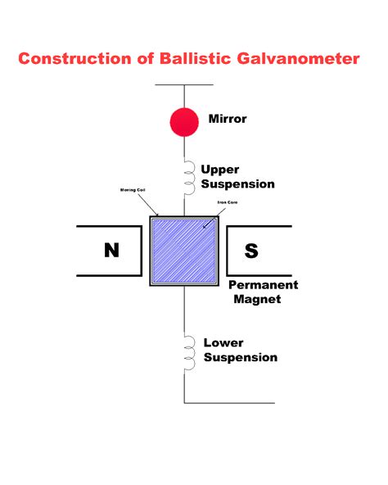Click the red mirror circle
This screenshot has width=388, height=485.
(x=184, y=121)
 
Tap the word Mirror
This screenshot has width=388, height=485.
(x=228, y=119)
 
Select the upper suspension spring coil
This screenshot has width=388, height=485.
(x=187, y=173)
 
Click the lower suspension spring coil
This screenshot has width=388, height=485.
(x=187, y=350)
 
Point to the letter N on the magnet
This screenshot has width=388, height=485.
(x=111, y=251)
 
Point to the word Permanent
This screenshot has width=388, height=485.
(x=263, y=285)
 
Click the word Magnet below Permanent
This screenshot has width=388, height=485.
(x=257, y=299)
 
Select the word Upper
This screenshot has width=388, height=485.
(x=220, y=170)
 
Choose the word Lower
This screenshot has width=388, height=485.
(x=223, y=342)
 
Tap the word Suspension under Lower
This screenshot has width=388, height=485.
(x=241, y=357)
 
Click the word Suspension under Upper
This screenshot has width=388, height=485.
(x=238, y=184)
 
